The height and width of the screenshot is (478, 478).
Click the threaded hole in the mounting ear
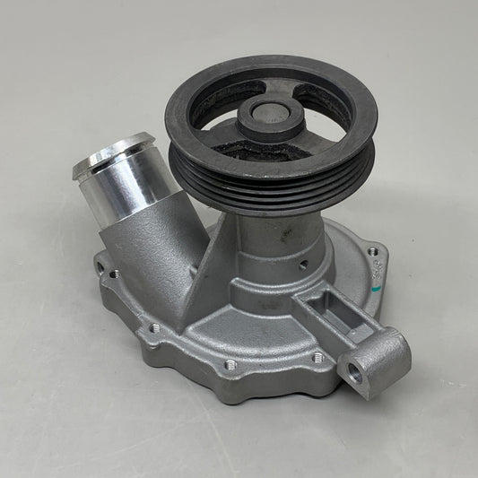point(355,374)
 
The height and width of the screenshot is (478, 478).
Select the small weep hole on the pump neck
point(303,265)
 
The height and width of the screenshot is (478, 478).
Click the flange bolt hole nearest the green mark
point(371,252)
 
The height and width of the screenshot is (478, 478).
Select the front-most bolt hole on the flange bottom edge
point(230,365)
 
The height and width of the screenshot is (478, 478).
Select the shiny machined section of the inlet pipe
point(130,179)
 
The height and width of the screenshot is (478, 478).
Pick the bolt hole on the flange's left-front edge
point(154,327)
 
